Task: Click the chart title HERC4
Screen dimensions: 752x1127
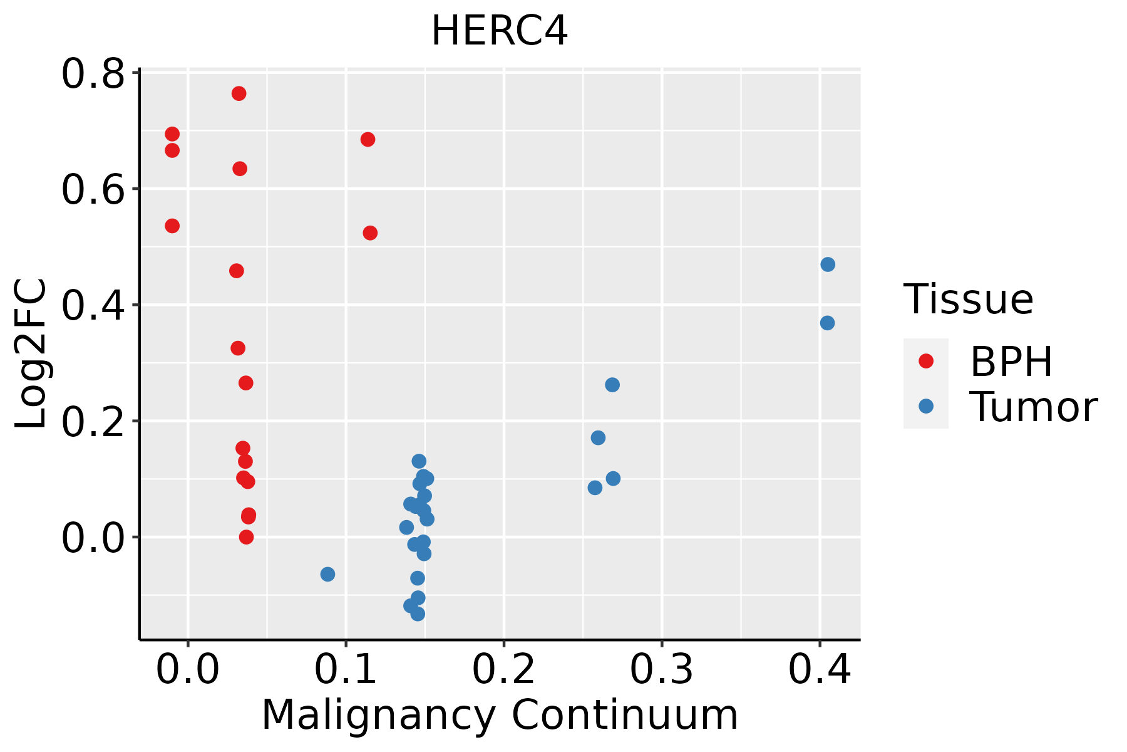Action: point(500,31)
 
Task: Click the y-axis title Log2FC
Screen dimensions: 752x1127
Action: point(31,354)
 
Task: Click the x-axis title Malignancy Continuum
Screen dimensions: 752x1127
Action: point(500,715)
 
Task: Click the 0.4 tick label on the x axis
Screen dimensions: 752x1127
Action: point(819,670)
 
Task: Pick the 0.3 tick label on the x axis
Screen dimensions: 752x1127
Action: point(661,670)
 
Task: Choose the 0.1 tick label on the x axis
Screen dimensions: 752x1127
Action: point(346,670)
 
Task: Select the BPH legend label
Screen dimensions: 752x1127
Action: point(1011,362)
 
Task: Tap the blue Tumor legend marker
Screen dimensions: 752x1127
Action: point(925,406)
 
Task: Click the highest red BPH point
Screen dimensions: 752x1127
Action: point(239,93)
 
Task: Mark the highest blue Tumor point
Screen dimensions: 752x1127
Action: point(828,264)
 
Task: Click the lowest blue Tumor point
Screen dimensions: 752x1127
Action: point(418,614)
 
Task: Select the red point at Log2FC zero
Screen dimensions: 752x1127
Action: point(246,537)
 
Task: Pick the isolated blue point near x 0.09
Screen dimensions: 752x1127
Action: point(327,574)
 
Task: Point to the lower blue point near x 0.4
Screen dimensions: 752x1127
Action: point(827,323)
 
